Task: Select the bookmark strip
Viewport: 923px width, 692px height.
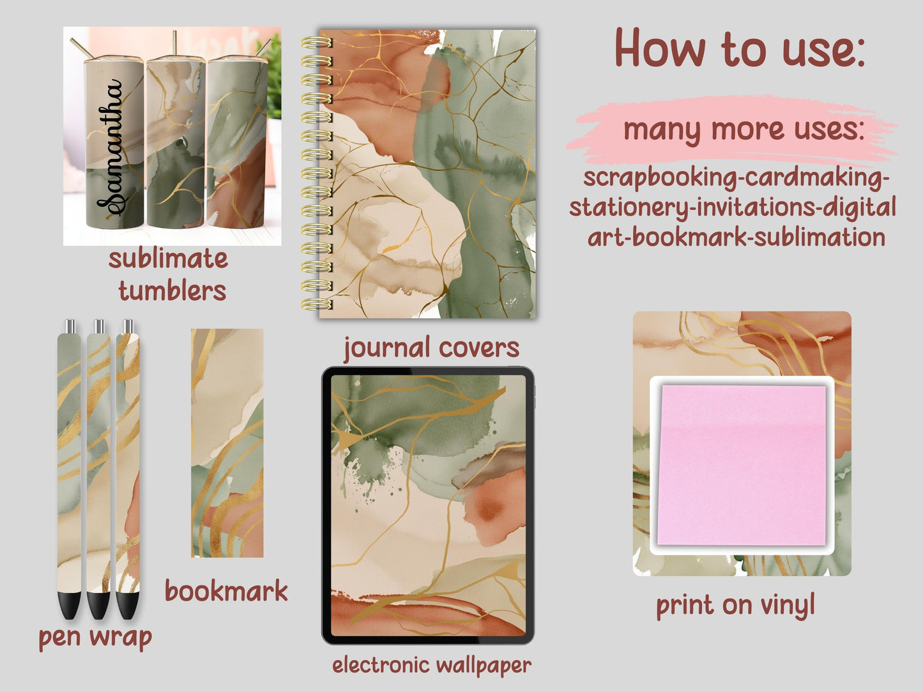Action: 227,443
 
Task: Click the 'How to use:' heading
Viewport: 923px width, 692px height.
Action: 739,49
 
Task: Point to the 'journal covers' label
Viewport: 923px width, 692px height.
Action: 431,348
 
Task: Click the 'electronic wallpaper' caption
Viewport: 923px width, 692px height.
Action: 431,665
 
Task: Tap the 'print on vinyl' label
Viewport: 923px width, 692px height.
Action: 736,605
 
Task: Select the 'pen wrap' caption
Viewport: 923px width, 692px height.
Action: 95,636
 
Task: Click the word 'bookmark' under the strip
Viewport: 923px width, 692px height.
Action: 226,591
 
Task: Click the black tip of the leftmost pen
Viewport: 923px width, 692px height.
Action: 70,605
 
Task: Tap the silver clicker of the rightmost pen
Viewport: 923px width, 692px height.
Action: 128,326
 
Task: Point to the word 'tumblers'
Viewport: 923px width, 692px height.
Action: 172,291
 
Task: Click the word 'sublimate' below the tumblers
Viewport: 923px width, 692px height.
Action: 168,259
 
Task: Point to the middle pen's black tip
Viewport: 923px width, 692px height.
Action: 98,605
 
